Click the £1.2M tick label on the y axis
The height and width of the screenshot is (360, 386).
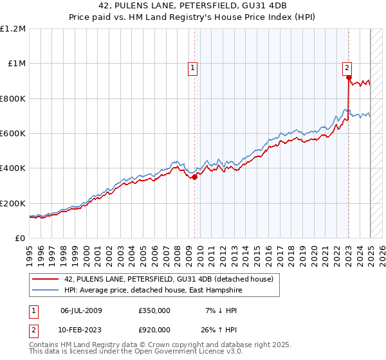click(14, 29)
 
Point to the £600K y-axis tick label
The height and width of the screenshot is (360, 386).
click(13, 134)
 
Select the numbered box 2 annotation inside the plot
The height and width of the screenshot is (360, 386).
click(347, 66)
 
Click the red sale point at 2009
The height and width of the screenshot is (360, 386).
click(194, 177)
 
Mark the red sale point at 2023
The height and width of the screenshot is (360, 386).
click(349, 78)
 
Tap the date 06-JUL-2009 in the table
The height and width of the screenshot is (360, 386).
click(81, 310)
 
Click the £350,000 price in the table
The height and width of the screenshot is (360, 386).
click(154, 310)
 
